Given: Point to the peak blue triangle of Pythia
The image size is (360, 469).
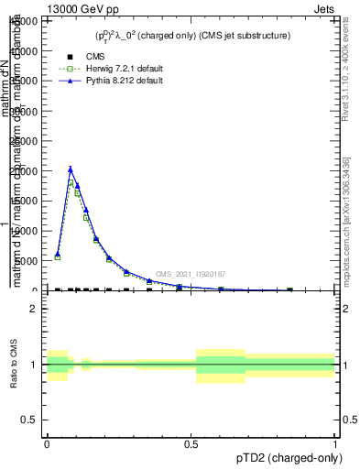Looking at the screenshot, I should pos(71,169).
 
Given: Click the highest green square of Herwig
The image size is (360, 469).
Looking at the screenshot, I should pos(71,183).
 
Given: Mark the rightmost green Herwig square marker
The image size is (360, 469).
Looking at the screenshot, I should pos(289,289).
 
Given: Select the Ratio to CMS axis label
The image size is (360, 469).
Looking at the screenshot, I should pos(14,365).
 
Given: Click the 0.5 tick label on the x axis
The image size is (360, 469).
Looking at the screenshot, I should pos(191,443).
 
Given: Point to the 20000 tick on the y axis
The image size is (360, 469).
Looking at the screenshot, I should pos(27,171).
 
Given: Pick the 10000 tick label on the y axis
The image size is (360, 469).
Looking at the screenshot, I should pos(27,231).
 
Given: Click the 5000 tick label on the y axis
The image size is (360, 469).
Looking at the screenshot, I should pos(29,261).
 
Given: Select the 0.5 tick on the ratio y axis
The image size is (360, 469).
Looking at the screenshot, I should pos(28,420).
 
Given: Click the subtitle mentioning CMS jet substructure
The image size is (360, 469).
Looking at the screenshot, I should pos(192,36).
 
